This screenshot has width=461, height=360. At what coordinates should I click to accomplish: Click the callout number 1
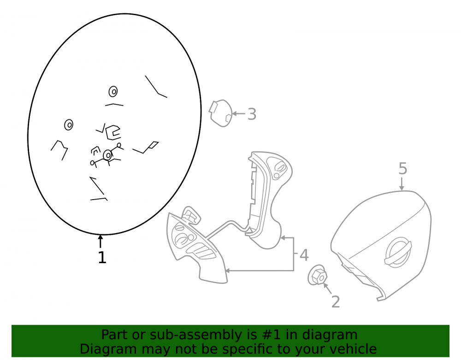click(x=102, y=257)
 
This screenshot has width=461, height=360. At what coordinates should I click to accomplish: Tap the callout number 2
click(x=336, y=302)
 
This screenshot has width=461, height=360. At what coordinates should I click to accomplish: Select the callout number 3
click(x=252, y=114)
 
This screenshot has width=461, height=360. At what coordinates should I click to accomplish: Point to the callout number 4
click(x=304, y=255)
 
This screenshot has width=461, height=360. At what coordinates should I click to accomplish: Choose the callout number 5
click(x=403, y=169)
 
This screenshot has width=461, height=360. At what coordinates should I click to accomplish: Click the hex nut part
click(x=317, y=275)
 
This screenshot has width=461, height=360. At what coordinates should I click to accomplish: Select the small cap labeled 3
click(x=220, y=113)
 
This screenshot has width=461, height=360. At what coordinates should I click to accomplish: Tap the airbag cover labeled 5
click(x=381, y=246)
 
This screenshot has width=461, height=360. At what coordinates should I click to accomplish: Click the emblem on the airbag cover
click(x=398, y=252)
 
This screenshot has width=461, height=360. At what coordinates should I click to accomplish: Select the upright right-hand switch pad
click(x=266, y=200)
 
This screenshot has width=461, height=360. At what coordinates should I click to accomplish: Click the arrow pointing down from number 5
click(x=402, y=183)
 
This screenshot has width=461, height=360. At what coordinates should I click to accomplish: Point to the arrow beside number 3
click(x=238, y=113)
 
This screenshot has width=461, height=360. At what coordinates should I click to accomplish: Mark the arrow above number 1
click(x=100, y=241)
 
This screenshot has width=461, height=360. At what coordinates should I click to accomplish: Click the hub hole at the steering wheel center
click(x=108, y=155)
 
